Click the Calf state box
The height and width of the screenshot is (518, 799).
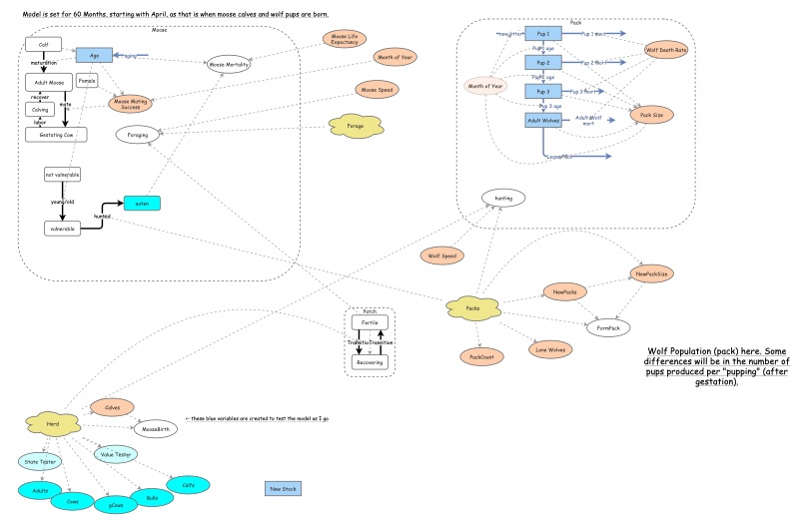point(43,44)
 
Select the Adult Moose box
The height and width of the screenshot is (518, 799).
point(43,83)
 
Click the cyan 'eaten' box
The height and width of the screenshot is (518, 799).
point(141,204)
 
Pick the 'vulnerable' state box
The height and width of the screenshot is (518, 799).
point(62,229)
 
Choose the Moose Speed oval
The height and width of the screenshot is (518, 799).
point(378,90)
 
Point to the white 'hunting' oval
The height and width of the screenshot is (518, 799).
point(502,199)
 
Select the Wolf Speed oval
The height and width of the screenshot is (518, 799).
point(441,256)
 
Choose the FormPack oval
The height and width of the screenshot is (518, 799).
point(607,327)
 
